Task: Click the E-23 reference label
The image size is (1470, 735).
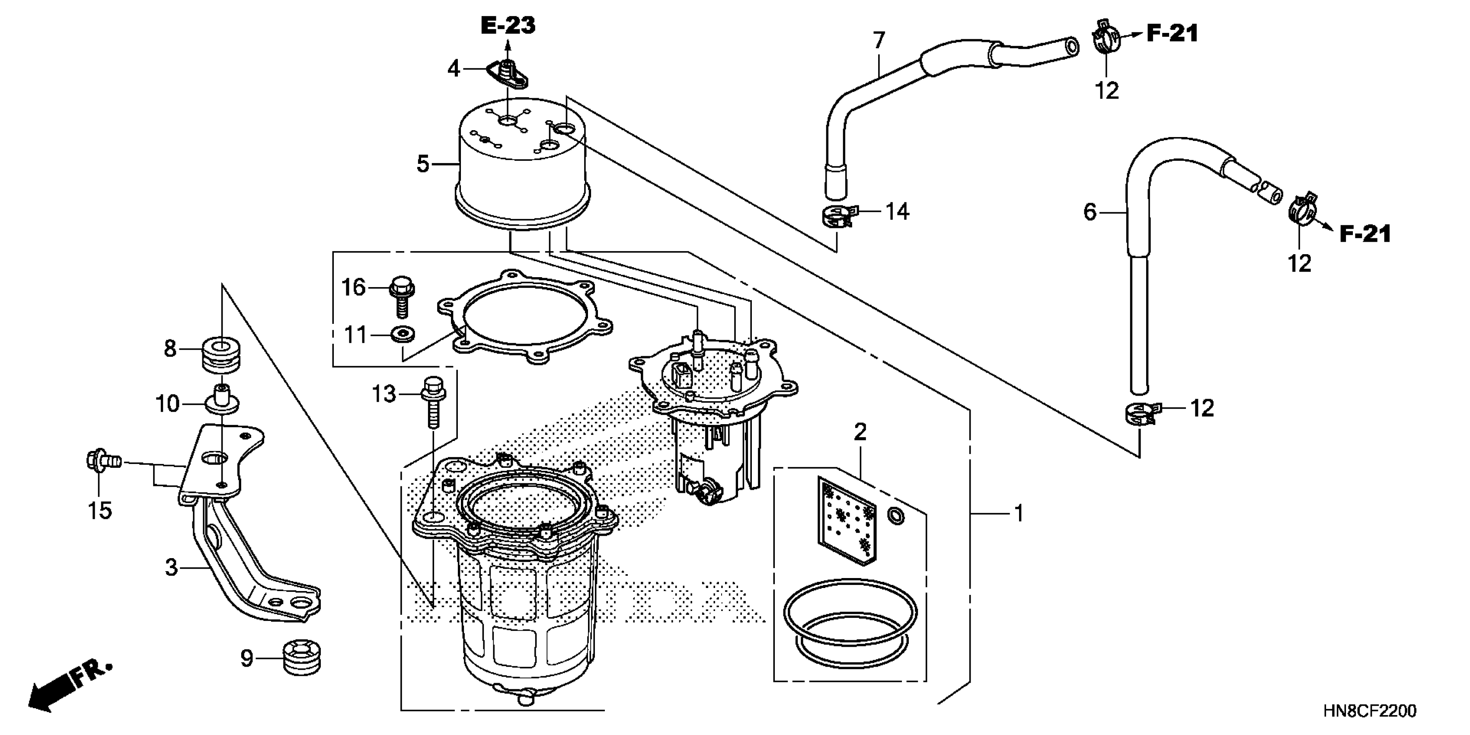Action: coord(508,26)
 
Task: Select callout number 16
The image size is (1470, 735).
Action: coord(353,288)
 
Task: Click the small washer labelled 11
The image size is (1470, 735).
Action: coord(403,333)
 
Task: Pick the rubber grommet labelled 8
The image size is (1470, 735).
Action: coord(221,354)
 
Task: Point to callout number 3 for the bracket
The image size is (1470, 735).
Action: coord(171,568)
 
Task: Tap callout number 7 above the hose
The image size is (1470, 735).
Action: coord(879,41)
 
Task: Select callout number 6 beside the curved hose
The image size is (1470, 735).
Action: coord(1090,212)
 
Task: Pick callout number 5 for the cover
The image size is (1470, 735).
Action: coord(422,164)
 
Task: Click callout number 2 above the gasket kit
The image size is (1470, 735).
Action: coord(860,432)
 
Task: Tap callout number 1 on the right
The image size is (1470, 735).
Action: coord(1019,514)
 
